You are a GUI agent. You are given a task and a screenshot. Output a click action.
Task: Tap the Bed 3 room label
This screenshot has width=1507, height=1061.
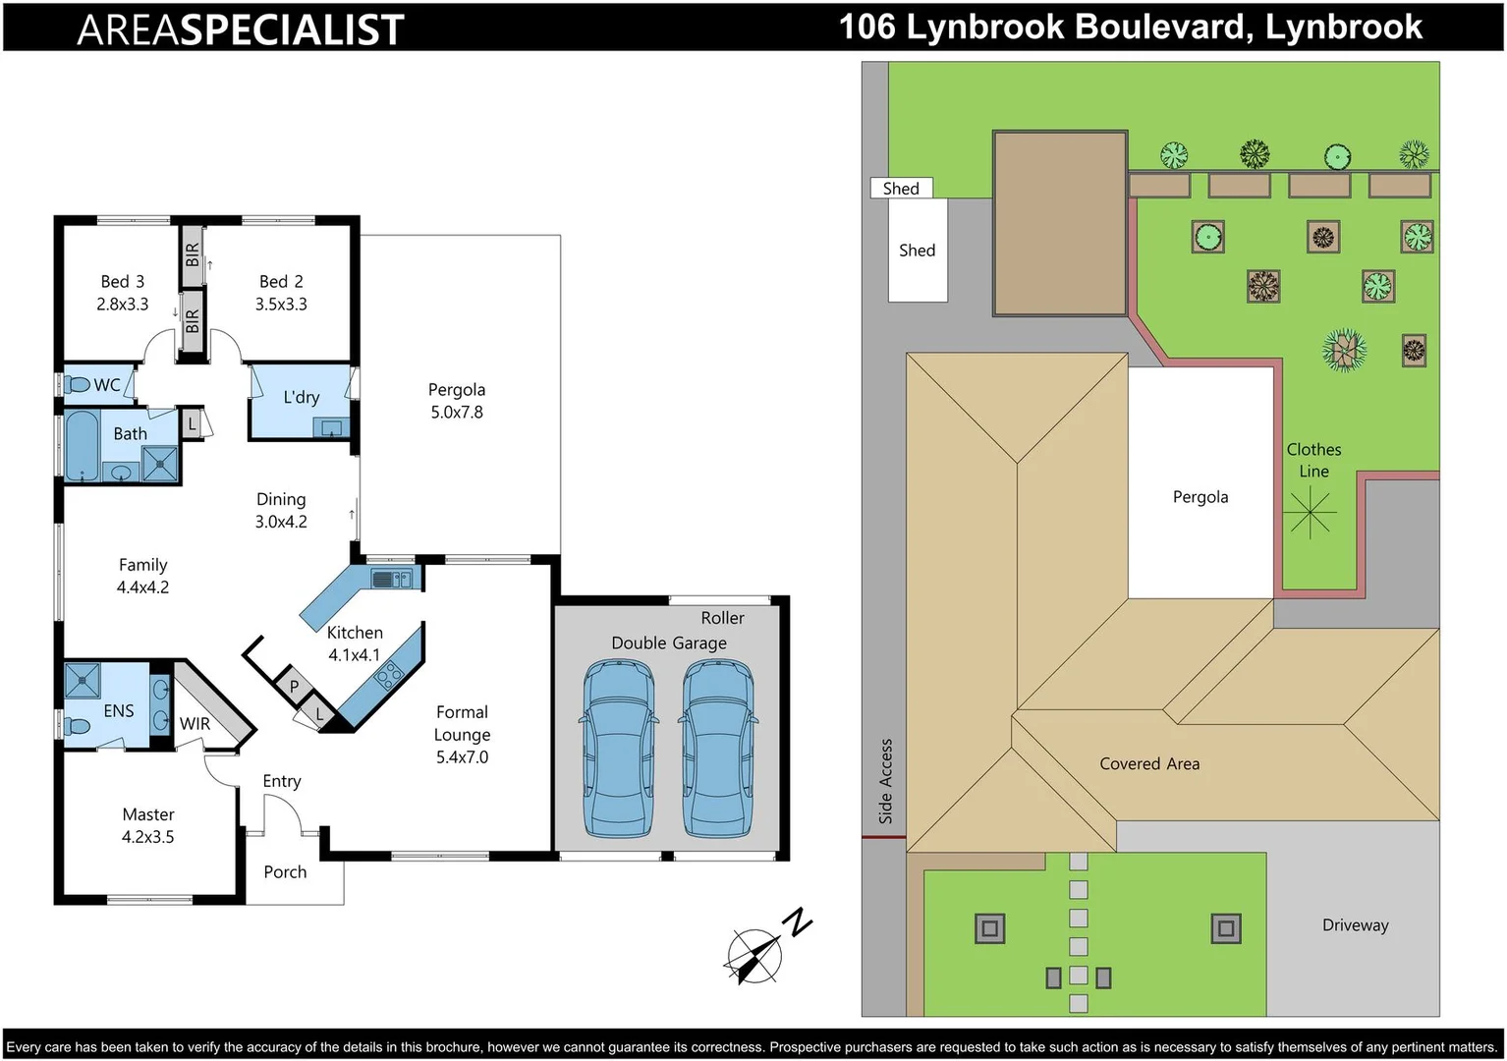click(123, 282)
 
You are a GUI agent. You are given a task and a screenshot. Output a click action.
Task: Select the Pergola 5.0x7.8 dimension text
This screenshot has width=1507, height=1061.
click(457, 413)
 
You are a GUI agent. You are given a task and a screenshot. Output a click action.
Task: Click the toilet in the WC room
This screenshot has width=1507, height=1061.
click(77, 384)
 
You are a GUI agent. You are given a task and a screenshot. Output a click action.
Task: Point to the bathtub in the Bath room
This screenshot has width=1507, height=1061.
click(82, 446)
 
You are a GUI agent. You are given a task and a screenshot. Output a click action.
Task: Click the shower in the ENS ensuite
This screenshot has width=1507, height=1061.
click(82, 680)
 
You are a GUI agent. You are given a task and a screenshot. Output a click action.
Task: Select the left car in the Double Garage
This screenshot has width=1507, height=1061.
click(619, 747)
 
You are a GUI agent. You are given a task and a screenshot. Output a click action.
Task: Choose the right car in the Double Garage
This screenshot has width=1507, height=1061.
click(718, 747)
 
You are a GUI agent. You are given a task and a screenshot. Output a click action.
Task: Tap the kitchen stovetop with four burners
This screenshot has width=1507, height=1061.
click(389, 675)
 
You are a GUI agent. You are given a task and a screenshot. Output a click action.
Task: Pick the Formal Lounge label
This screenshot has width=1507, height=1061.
click(462, 723)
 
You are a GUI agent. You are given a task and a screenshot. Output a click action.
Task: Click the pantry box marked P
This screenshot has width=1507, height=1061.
click(293, 687)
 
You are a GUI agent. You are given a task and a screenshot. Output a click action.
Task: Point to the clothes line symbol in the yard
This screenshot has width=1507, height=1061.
click(1311, 513)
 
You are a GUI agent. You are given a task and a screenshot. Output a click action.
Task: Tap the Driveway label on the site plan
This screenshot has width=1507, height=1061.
click(1355, 925)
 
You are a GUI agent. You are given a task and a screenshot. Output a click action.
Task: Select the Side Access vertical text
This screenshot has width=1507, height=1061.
click(885, 781)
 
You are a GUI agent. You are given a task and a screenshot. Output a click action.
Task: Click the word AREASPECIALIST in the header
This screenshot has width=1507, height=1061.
click(241, 29)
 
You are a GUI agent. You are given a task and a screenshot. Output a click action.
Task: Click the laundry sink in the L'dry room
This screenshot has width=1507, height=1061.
click(331, 427)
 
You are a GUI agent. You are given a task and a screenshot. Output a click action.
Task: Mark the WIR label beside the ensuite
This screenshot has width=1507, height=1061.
click(195, 724)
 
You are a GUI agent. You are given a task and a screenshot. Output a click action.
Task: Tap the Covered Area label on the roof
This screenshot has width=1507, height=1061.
click(1149, 764)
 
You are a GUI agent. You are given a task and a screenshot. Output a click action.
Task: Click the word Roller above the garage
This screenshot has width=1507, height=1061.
click(722, 618)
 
